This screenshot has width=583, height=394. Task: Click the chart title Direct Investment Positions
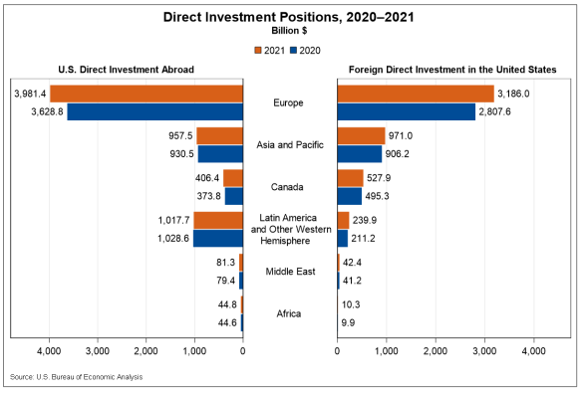292,17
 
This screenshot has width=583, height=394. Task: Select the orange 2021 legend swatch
257,49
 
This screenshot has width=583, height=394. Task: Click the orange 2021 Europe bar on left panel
146,94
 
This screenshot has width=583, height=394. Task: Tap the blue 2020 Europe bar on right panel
407,111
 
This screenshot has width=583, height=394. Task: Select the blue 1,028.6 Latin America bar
218,239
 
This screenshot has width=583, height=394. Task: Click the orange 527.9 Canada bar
351,178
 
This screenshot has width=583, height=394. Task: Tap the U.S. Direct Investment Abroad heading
126,69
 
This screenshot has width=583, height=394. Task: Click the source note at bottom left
76,377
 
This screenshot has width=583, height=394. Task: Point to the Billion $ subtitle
292,31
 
